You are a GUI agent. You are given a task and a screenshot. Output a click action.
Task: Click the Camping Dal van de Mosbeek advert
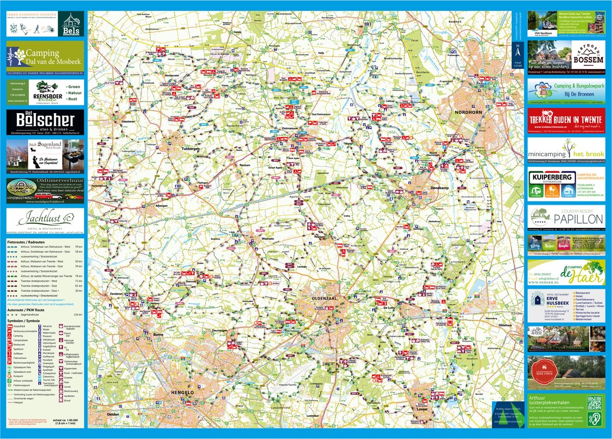pyautogui.click(x=45, y=58)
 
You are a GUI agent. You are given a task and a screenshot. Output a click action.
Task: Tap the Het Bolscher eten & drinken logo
pyautogui.click(x=45, y=122)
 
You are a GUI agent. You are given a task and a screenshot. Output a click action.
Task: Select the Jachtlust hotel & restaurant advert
pyautogui.click(x=45, y=220)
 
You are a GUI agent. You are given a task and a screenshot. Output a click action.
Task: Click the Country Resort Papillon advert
pyautogui.click(x=566, y=218)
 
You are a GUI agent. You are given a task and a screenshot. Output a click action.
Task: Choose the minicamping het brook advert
pyautogui.click(x=566, y=154)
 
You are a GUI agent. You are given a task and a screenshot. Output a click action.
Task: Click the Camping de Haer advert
pyautogui.click(x=566, y=272)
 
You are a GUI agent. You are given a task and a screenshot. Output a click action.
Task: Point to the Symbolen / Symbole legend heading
pyautogui.click(x=24, y=321)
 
